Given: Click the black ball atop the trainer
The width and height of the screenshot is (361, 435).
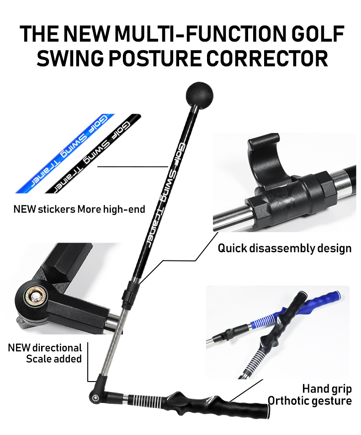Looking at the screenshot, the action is click(x=199, y=94).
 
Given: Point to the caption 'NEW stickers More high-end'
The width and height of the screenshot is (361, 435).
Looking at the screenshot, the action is click(x=79, y=209).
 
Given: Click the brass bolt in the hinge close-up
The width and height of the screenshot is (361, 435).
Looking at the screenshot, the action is click(x=33, y=297).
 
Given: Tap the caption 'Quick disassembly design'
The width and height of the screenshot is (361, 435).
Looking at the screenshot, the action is click(x=284, y=248).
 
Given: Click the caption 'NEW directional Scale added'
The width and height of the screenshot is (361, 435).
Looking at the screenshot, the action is click(x=45, y=353).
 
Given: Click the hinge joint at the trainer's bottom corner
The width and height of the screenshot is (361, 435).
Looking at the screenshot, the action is click(x=97, y=393).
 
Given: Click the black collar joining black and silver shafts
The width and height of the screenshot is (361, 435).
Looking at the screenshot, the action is click(x=130, y=290).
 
